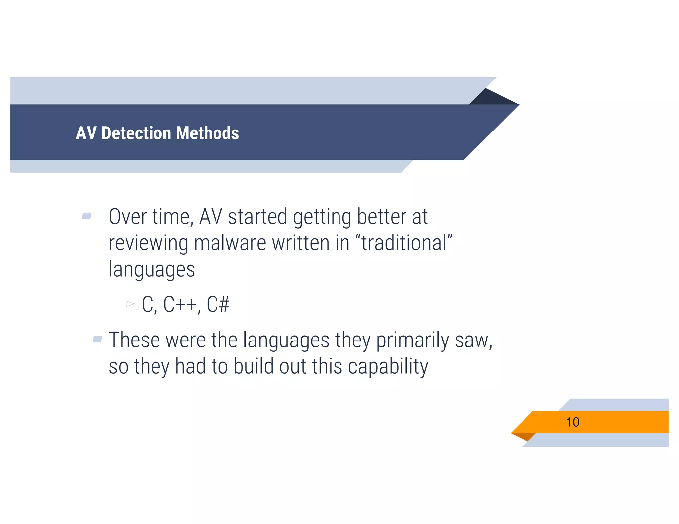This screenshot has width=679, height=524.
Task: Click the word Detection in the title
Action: (x=137, y=133)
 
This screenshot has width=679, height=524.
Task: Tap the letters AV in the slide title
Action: (x=86, y=133)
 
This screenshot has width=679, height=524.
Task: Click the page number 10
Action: (x=572, y=422)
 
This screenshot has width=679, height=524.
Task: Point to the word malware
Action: (x=230, y=243)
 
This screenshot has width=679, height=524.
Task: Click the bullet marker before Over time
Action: (x=87, y=216)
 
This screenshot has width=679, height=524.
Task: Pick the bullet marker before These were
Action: (x=97, y=339)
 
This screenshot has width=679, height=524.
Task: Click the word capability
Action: (x=388, y=367)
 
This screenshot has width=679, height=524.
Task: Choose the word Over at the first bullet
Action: (x=128, y=217)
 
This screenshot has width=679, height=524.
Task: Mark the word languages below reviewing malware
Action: (x=152, y=269)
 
